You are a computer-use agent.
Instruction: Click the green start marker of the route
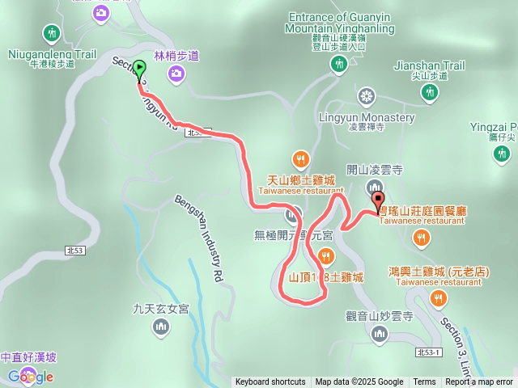point(139,70)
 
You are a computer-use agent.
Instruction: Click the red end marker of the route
point(378,200)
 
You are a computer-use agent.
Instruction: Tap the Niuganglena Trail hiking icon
point(53,32)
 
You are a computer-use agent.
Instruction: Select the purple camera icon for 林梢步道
point(176,74)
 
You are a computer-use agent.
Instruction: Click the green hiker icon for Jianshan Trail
point(427,95)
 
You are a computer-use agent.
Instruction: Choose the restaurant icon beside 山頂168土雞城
point(325,257)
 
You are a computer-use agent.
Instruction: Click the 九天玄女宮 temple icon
point(161,326)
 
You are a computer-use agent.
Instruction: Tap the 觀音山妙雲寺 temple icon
point(380,333)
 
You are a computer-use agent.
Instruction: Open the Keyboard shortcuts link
point(270,382)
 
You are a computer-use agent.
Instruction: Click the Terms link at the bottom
point(424,382)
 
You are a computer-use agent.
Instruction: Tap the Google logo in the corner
point(30,376)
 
